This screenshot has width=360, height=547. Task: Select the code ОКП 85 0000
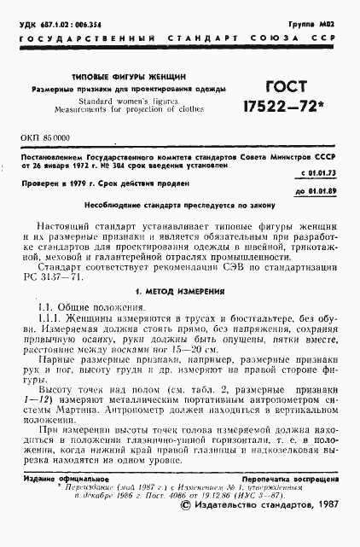click(x=45, y=137)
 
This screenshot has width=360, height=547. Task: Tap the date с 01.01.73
click(x=321, y=174)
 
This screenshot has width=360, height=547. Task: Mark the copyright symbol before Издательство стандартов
click(x=188, y=529)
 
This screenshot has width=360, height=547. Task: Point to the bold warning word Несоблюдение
click(x=120, y=206)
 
